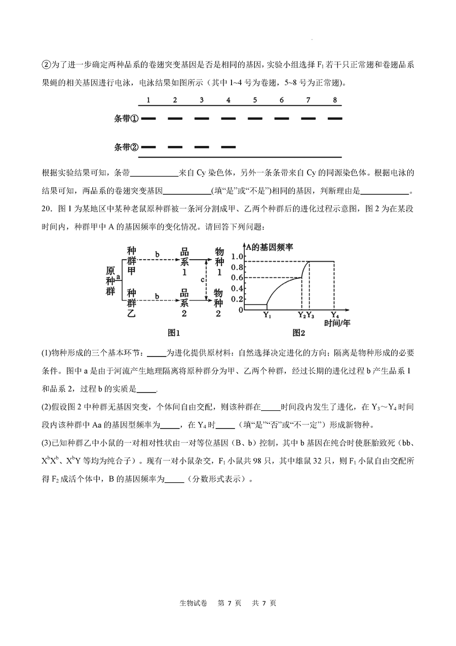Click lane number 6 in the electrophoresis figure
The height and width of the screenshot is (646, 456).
pyautogui.click(x=281, y=100)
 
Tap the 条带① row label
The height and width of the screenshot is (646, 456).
pyautogui.click(x=127, y=119)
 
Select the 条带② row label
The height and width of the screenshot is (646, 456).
pyautogui.click(x=127, y=148)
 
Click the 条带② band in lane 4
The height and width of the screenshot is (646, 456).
pyautogui.click(x=229, y=148)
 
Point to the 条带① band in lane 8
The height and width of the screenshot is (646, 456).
pyautogui.click(x=335, y=119)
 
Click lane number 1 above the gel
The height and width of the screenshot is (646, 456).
pyautogui.click(x=148, y=100)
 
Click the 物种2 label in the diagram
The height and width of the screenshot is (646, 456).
pyautogui.click(x=218, y=303)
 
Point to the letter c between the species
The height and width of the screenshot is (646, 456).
pyautogui.click(x=202, y=279)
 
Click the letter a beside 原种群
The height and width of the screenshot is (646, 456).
pyautogui.click(x=118, y=277)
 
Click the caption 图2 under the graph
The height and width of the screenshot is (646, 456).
pyautogui.click(x=299, y=333)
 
